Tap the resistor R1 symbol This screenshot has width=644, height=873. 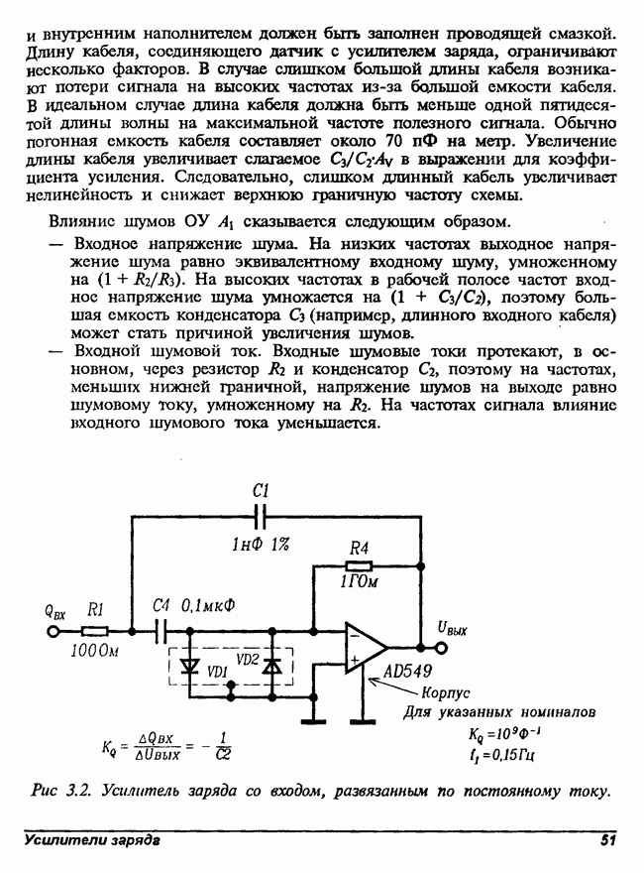[x=95, y=629]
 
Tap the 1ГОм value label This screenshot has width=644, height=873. [x=359, y=583]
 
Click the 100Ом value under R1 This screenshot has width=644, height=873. [x=95, y=652]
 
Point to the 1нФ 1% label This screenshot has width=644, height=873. [x=260, y=543]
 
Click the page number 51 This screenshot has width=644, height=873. [x=607, y=841]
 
